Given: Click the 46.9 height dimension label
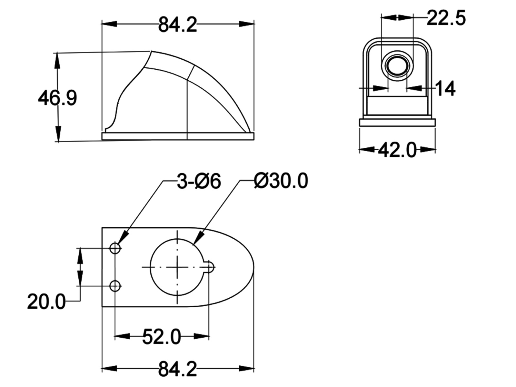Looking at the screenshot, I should point(57,98).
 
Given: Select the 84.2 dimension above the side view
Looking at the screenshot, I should point(177,25).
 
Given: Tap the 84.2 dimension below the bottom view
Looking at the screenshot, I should point(177,369).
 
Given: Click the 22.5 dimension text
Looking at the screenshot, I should point(446,18).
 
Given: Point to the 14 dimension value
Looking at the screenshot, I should point(445,88).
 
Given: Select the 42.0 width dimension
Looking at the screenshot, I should point(397,150).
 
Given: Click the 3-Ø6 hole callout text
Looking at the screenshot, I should point(199,181).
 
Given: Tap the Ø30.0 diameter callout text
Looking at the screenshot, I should point(281,181).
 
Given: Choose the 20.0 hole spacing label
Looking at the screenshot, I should point(46,302).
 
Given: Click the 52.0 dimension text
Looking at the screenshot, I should point(162,337).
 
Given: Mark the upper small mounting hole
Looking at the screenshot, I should point(115,248).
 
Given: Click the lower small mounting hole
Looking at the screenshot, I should point(115,286).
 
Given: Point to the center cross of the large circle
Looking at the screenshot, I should point(177,267).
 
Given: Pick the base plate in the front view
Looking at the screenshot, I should point(397,123).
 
